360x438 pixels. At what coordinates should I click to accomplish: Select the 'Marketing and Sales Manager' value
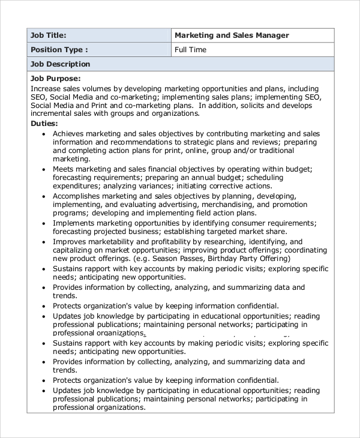[232, 35]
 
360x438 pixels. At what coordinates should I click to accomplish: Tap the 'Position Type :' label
[59, 50]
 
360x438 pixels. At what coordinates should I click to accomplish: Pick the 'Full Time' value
[190, 50]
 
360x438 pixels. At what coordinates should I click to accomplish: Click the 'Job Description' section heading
[61, 64]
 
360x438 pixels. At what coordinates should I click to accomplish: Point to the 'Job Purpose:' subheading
[55, 79]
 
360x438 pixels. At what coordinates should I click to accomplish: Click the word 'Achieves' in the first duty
[70, 134]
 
